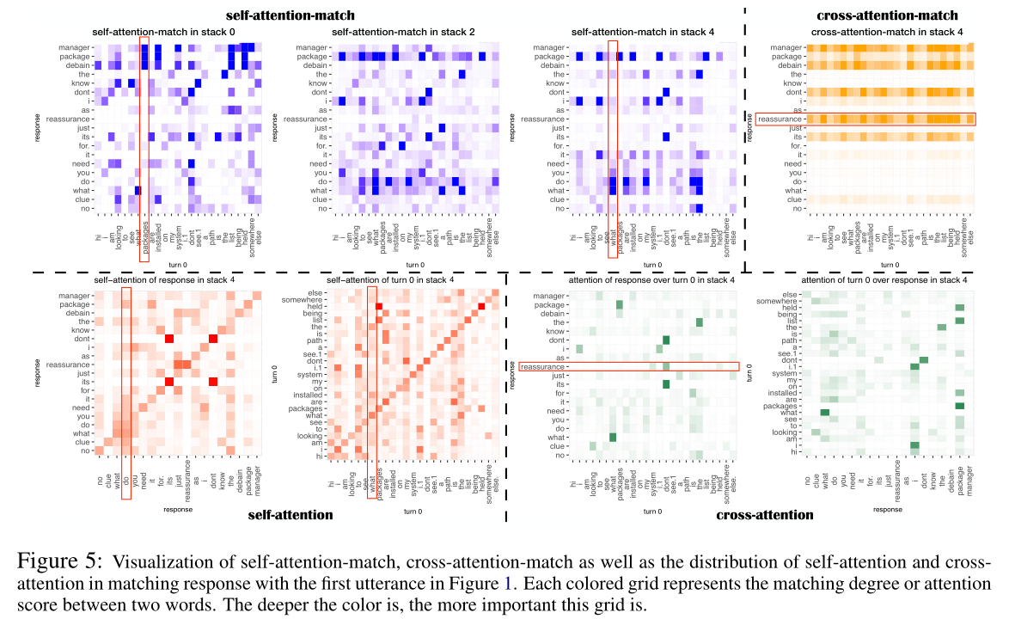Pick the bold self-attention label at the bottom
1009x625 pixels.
point(290,516)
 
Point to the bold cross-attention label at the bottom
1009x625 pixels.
point(764,516)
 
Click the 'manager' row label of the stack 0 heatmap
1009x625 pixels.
point(74,46)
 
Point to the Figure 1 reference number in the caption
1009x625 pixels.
point(510,584)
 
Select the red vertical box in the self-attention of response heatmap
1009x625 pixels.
point(125,371)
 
